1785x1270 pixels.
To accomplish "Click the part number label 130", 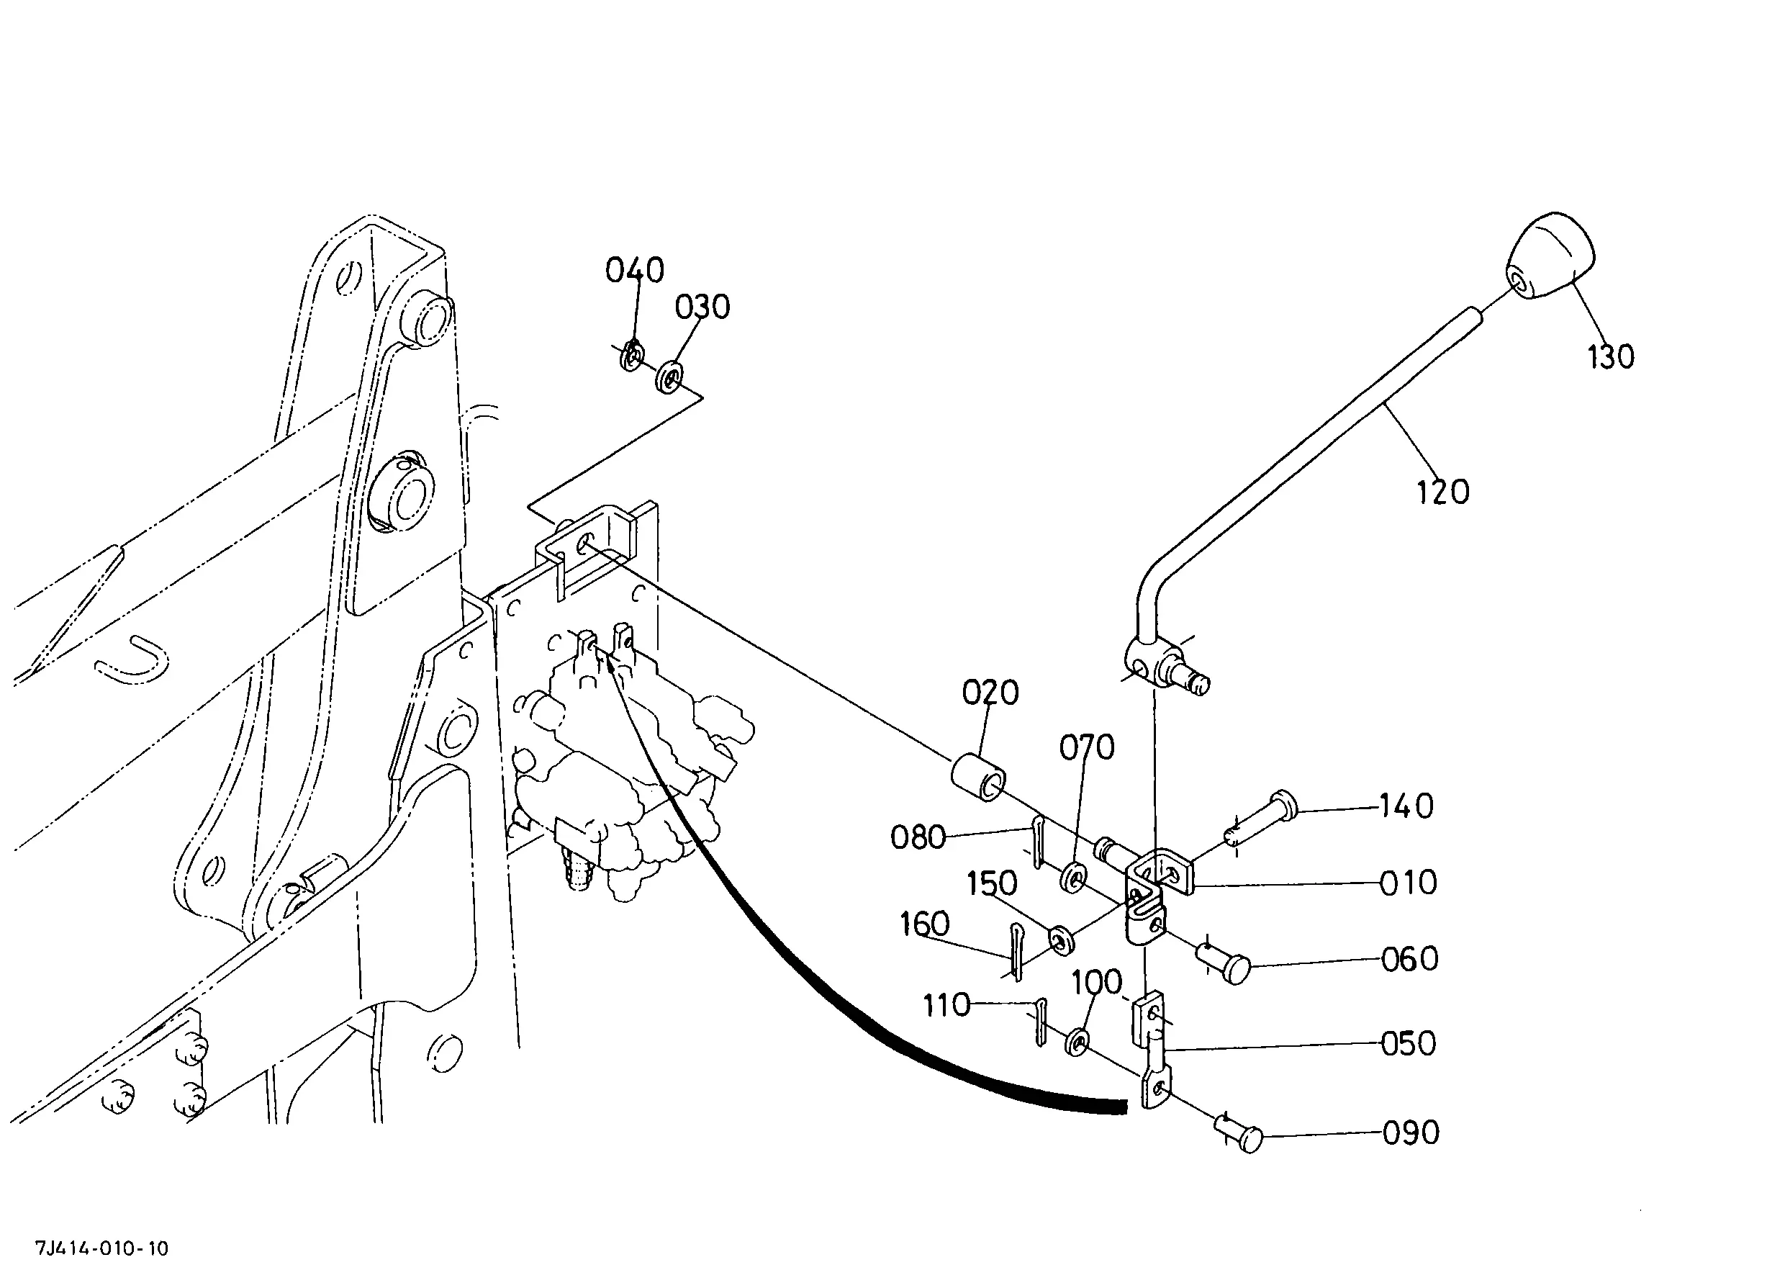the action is [1611, 356].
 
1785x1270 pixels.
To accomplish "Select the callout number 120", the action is [1443, 492].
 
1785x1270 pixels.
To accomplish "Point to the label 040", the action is [635, 271].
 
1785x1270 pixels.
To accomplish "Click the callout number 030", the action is [702, 307].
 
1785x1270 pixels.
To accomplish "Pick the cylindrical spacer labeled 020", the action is [978, 777].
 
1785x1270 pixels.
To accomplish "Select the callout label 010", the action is [1408, 883].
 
